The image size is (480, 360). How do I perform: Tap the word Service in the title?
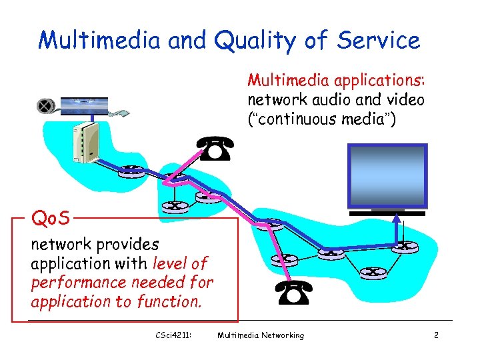(379, 41)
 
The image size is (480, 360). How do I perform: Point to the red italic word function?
(168, 301)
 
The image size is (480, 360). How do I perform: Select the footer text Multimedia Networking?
(260, 335)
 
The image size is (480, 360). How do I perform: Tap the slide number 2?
(435, 335)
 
